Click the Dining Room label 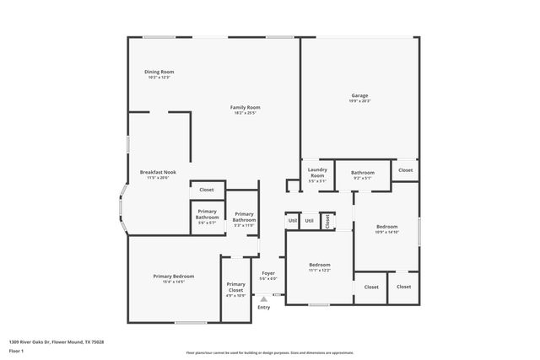click(159, 73)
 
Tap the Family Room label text click(246, 107)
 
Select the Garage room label click(359, 95)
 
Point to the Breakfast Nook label click(158, 172)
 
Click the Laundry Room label click(317, 173)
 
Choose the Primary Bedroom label click(173, 277)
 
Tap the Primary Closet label click(235, 287)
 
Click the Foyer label click(268, 273)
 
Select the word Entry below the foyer click(263, 307)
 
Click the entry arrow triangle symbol click(263, 298)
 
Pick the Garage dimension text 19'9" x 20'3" click(359, 101)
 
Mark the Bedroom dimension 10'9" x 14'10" click(387, 232)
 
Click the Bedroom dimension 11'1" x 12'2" click(319, 271)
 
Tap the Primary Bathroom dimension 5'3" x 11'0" click(244, 225)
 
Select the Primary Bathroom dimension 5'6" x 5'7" click(208, 222)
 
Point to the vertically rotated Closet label click(327, 221)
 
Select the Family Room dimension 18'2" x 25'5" click(246, 113)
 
